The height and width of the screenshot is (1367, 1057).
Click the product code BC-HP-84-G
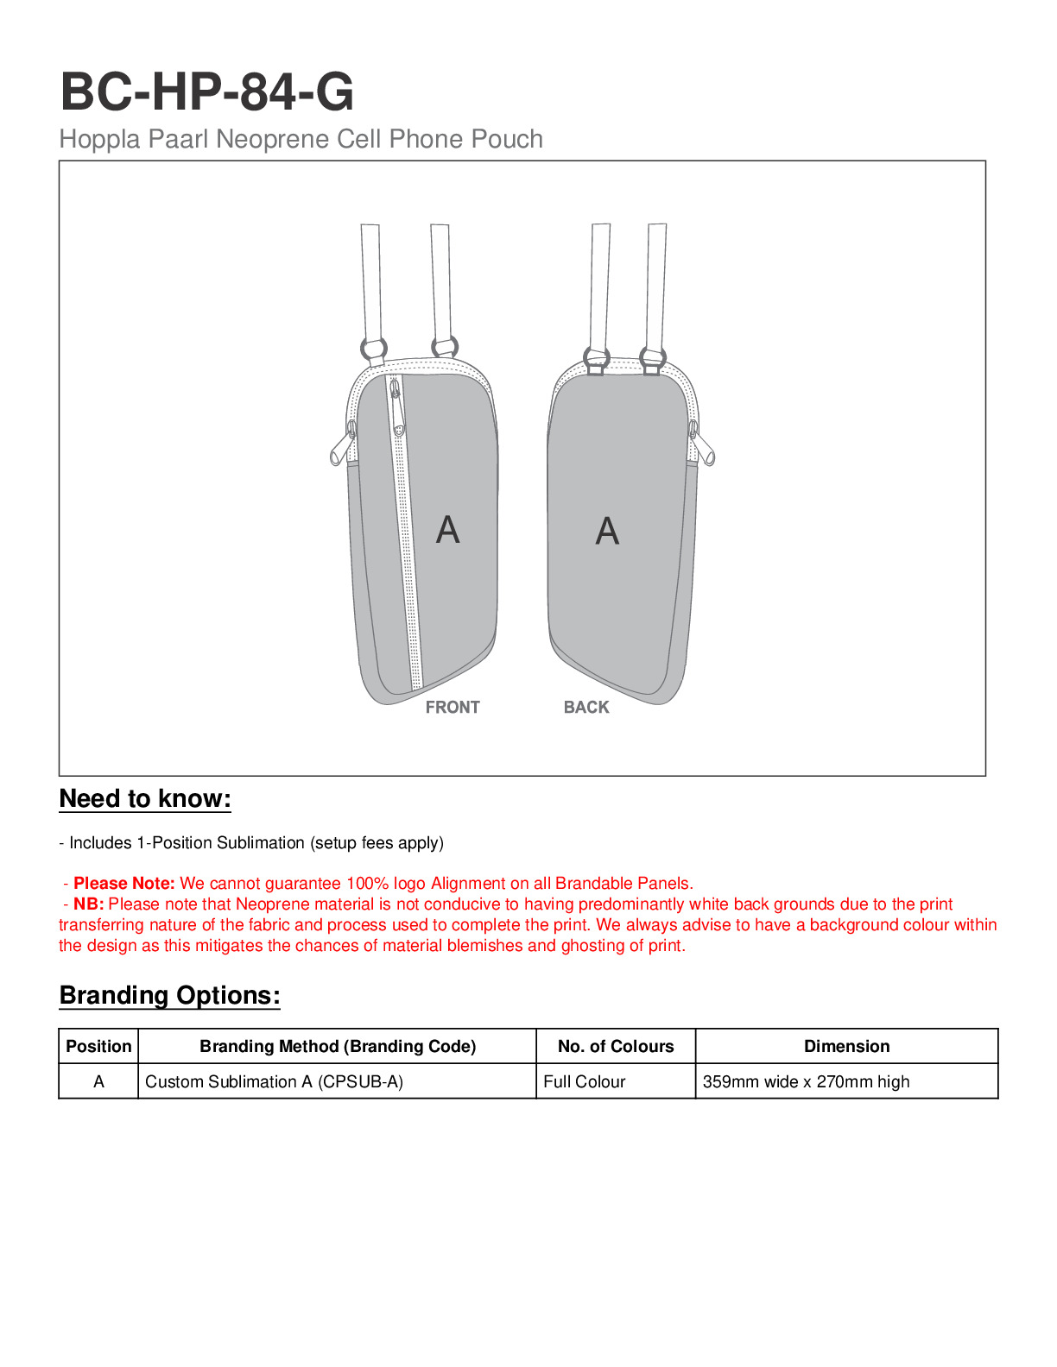tap(206, 91)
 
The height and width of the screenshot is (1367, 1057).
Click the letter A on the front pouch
tap(447, 529)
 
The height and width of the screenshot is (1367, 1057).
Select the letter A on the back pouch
tap(607, 531)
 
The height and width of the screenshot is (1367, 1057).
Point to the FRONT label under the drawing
tap(453, 708)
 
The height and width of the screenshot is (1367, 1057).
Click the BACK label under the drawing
tap(586, 708)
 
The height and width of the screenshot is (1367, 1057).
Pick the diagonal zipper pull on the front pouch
tap(397, 407)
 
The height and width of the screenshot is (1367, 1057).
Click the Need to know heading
tap(145, 799)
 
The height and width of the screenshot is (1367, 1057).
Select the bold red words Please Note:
tap(124, 884)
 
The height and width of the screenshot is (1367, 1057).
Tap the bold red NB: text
tap(88, 904)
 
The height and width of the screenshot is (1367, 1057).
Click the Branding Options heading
tap(169, 996)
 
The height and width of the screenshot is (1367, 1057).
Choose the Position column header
tap(98, 1047)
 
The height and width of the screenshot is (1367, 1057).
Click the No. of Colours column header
tap(616, 1047)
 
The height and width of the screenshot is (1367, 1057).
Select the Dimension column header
tap(846, 1047)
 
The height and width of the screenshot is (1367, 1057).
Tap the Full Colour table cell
tap(585, 1082)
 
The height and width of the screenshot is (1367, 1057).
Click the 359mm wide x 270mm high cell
tap(806, 1082)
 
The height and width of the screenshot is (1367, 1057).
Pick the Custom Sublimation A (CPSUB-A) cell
tap(274, 1082)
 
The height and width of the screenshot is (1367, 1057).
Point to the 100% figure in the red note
tap(367, 884)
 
